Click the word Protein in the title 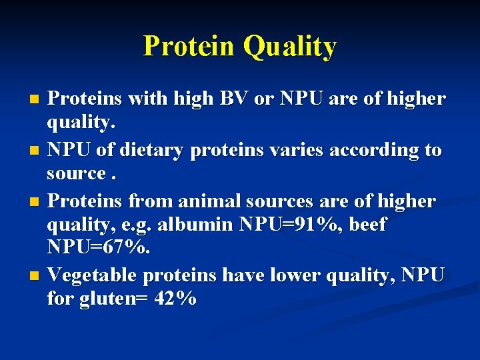point(189,47)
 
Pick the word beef point(366,225)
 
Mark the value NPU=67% point(99,249)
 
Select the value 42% point(175,299)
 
